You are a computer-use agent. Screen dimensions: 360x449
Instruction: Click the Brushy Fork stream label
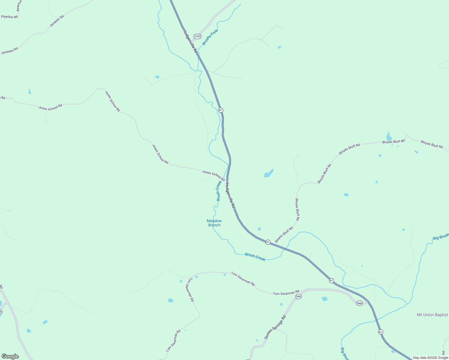(x=210, y=37)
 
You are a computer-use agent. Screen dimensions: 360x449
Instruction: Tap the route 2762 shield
(x=197, y=36)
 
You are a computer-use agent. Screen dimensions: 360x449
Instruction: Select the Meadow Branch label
(x=214, y=223)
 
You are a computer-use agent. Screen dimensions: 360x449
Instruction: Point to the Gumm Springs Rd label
(x=275, y=327)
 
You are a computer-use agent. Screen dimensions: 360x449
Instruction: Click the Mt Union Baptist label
(x=432, y=315)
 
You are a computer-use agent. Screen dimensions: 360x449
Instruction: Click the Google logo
(x=10, y=356)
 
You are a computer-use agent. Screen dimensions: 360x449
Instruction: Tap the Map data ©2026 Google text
(x=430, y=358)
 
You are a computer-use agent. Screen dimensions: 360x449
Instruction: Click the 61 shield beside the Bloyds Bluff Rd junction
(x=268, y=242)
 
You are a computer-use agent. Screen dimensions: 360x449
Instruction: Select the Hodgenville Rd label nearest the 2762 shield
(x=190, y=41)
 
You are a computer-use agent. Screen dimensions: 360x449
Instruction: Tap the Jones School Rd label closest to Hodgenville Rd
(x=213, y=175)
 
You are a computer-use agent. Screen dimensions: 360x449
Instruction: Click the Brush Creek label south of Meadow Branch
(x=255, y=257)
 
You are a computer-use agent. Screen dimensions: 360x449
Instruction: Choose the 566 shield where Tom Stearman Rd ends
(x=298, y=296)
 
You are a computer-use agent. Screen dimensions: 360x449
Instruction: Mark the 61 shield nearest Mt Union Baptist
(x=381, y=332)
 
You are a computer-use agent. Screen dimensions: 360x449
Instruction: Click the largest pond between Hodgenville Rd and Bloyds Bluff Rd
(x=269, y=174)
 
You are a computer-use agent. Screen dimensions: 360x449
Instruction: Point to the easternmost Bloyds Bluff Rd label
(x=432, y=144)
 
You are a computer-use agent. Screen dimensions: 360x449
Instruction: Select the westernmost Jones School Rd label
(x=50, y=107)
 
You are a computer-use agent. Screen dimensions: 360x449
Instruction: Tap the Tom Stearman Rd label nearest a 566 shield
(x=286, y=292)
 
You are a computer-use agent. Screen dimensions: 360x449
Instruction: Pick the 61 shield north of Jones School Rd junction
(x=221, y=110)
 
